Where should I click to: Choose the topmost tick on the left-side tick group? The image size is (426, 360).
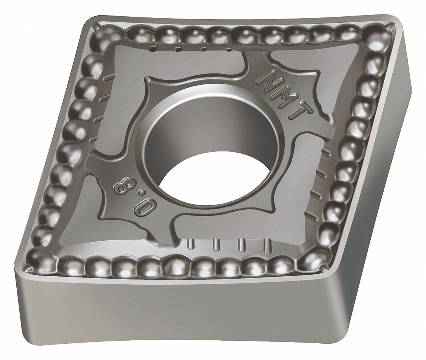tap(109, 78)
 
